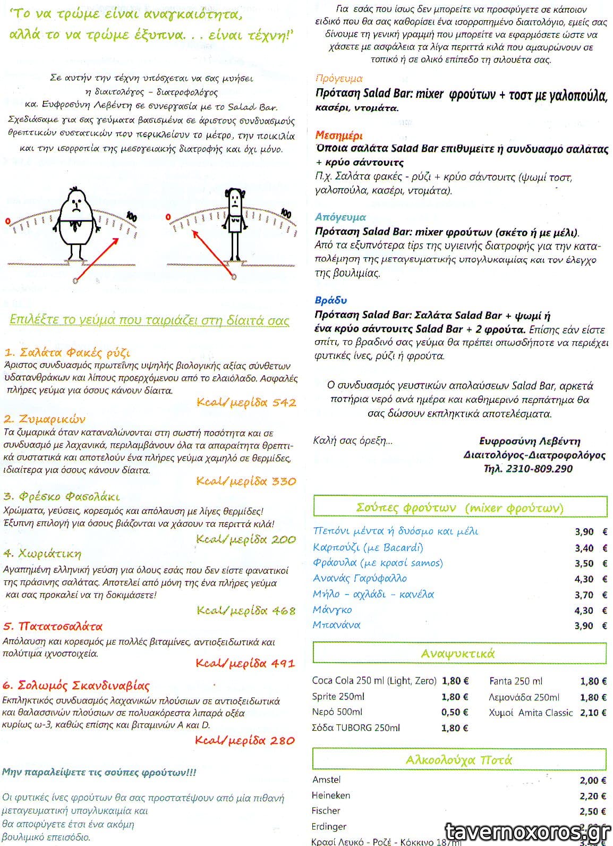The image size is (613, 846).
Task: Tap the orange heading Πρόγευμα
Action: point(338,79)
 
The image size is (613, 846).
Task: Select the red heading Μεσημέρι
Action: point(338,135)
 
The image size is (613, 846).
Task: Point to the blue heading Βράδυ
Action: point(330,300)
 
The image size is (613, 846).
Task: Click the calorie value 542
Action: point(284,402)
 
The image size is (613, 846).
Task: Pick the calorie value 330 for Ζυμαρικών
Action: point(284,481)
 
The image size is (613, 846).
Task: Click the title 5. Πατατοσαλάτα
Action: point(53,626)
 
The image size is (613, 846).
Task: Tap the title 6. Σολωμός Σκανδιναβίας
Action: point(76,685)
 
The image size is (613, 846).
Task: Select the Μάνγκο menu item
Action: point(333,610)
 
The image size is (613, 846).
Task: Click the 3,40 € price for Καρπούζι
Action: point(590,548)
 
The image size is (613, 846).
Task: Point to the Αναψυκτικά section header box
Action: point(459,653)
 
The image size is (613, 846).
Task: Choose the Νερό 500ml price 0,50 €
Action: point(455,712)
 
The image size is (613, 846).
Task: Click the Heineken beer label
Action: point(331,795)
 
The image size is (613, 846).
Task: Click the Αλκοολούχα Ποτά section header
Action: point(459,759)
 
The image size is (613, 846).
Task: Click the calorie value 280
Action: point(282,740)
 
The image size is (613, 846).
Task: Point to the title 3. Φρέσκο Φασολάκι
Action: point(62,497)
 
